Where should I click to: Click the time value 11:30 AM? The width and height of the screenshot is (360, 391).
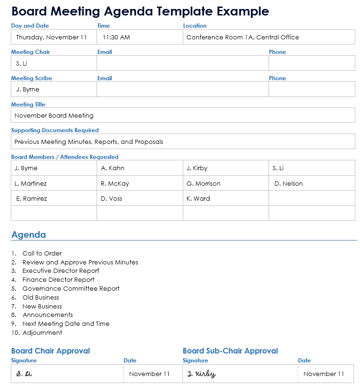tap(116, 37)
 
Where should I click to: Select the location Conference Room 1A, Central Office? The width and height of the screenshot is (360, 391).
tap(242, 37)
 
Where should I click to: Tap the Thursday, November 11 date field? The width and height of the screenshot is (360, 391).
tap(51, 37)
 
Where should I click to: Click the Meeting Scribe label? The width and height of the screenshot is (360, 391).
tap(31, 78)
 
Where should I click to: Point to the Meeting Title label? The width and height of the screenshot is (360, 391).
tap(28, 105)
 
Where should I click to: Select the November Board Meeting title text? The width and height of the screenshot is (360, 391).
tap(54, 115)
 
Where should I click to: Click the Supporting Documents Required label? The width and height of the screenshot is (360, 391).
tap(55, 130)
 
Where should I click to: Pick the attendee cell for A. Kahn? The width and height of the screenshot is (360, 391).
tap(112, 168)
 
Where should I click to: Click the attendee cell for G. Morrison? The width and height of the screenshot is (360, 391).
tap(203, 183)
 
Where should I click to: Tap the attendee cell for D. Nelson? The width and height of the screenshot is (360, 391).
tap(288, 183)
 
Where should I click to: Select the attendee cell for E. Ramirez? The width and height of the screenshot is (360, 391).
tap(31, 198)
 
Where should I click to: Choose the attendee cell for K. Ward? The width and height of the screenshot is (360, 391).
tap(198, 198)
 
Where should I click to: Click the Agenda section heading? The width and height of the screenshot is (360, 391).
tap(29, 235)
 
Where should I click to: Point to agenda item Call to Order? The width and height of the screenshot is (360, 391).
tap(42, 253)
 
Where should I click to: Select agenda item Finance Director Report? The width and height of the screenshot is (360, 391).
tap(58, 280)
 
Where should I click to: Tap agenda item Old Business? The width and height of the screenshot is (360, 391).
tap(41, 297)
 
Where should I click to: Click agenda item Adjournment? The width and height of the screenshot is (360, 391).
tap(42, 333)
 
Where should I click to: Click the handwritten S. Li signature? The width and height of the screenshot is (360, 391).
tap(24, 374)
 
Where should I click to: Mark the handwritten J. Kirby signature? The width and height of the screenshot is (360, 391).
tap(201, 374)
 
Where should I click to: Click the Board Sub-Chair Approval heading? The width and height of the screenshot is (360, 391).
tap(230, 351)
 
